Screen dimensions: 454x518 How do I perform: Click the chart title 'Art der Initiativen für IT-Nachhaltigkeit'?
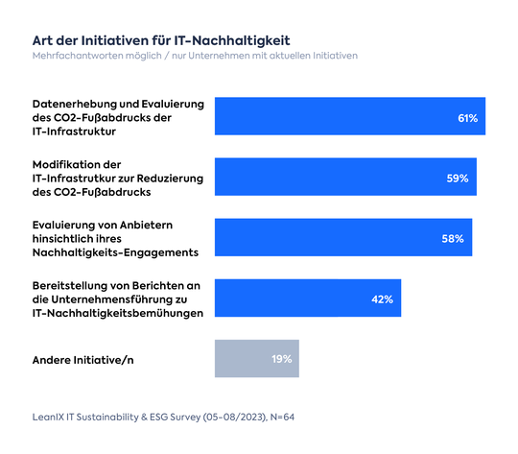pyautogui.click(x=161, y=40)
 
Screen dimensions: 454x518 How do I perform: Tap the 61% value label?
pyautogui.click(x=467, y=118)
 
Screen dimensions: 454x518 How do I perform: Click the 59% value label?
pyautogui.click(x=459, y=179)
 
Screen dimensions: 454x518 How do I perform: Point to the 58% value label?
pyautogui.click(x=454, y=238)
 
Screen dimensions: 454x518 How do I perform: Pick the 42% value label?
pyautogui.click(x=383, y=299)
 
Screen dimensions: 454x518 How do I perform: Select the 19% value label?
pyautogui.click(x=281, y=359)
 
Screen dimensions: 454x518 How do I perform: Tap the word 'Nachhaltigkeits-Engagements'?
pyautogui.click(x=114, y=252)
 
